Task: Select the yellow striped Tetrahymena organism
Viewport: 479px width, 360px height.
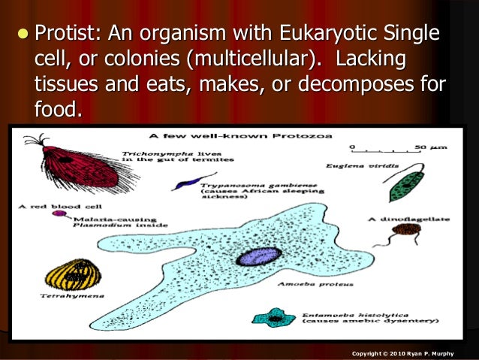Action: click(x=73, y=276)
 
